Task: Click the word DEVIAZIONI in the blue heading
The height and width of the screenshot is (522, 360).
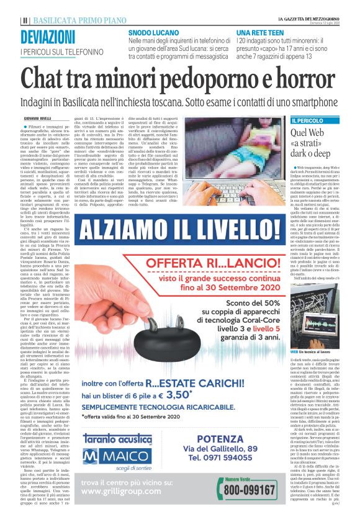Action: [48, 37]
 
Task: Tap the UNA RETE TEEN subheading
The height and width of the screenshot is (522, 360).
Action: [258, 31]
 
